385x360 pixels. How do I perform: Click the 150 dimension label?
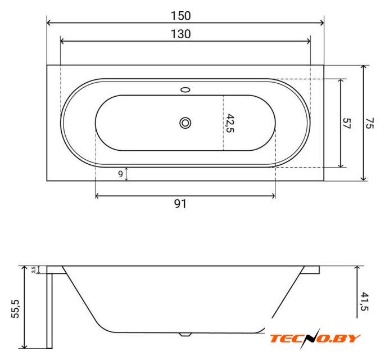point(181,16)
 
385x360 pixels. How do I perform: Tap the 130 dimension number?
point(181,34)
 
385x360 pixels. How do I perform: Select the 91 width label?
point(180,204)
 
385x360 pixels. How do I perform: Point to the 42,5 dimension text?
point(230,123)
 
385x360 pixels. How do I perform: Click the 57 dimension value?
point(347,123)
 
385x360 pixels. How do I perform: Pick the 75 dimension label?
point(369,123)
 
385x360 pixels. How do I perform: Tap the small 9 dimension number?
point(120,174)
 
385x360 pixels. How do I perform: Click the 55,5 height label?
point(15,309)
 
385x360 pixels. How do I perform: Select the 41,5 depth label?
point(364,301)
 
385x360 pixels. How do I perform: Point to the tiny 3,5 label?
point(34,269)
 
